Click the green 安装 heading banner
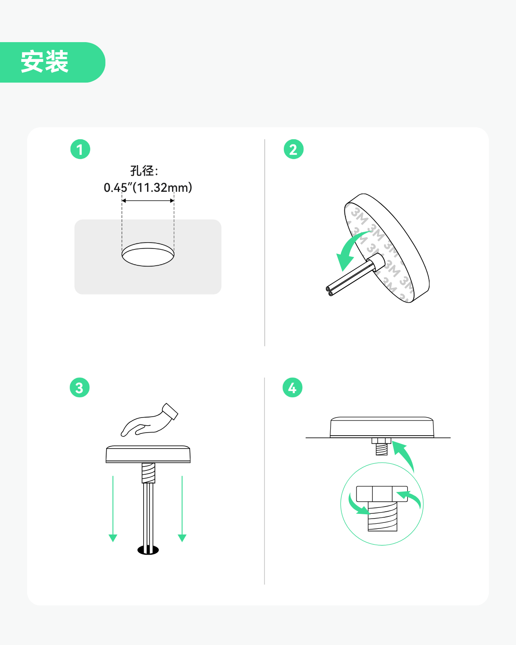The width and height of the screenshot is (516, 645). pos(52,62)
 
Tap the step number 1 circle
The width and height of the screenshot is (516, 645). pos(80,149)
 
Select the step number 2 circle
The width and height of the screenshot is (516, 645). pos(294,149)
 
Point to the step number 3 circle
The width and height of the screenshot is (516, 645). pos(80,387)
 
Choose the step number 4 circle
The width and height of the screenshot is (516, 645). pos(292,387)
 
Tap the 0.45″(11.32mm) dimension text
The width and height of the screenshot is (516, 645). pos(148,187)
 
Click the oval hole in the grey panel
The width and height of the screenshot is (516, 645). pos(148,254)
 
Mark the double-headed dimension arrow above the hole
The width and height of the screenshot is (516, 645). pos(148,200)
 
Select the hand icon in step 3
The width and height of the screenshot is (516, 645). pos(149,420)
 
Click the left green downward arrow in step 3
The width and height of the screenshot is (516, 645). pos(113,509)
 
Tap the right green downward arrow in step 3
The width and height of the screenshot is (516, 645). pos(182,509)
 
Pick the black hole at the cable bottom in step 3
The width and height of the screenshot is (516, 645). pos(148,550)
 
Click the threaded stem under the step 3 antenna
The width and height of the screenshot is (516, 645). pos(148,473)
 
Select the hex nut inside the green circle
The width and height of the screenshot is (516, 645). pos(382,494)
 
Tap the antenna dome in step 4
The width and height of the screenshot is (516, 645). pos(382,427)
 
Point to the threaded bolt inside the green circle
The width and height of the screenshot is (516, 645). pos(383,516)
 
